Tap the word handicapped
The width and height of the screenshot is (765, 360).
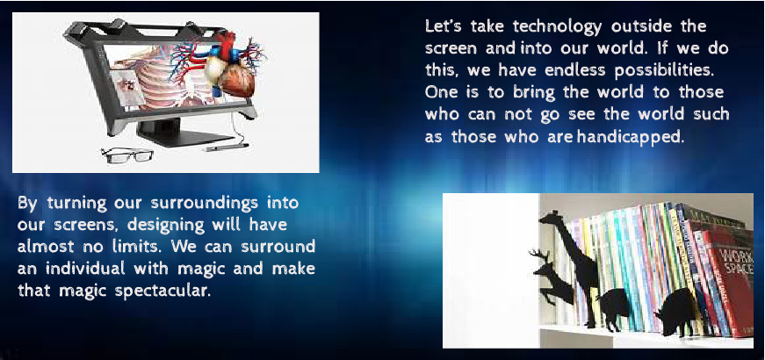tap(630, 137)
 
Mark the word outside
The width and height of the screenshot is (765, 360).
tap(641, 26)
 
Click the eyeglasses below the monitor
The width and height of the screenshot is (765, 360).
tap(127, 155)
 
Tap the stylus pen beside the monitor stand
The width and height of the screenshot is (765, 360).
tap(227, 147)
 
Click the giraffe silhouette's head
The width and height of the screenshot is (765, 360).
tap(552, 218)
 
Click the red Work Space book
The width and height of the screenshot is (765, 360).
tap(728, 288)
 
